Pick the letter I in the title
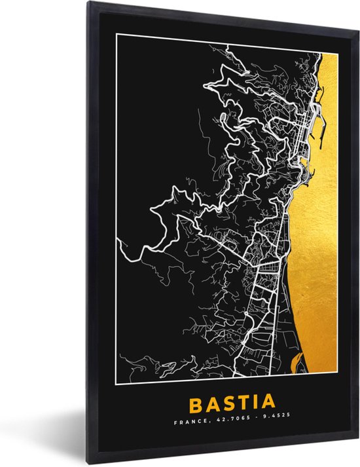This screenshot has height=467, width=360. point(253,401)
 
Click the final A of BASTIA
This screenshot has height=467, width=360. point(268,401)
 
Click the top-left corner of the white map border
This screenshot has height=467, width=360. point(117,33)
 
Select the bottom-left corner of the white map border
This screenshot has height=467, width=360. point(117,380)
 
